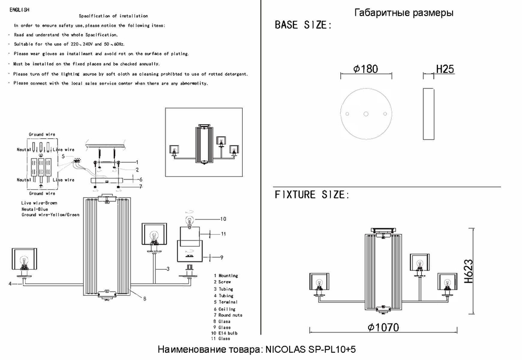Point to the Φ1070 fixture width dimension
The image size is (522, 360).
383,328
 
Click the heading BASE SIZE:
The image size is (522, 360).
303,25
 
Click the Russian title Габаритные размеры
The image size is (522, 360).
404,13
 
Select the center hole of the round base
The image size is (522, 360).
365,113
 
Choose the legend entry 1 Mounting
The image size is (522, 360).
226,275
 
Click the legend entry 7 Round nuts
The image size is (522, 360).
228,315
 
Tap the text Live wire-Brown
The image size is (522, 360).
39,202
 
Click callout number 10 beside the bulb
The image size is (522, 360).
223,219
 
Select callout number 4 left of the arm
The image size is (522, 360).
10,283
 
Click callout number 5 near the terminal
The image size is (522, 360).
63,156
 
